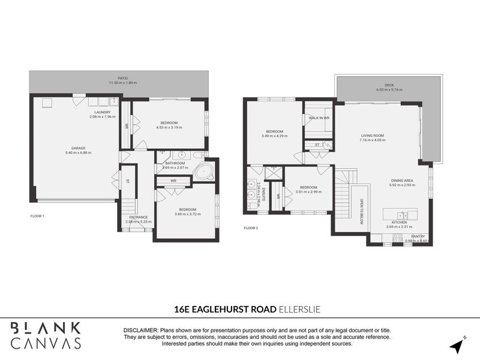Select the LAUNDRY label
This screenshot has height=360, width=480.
coord(102,112)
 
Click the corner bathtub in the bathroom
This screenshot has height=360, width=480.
coord(205,172)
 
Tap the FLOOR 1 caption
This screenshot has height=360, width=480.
coord(37,215)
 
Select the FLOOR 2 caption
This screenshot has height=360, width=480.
coord(251,228)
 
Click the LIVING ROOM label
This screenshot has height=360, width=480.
coord(372,136)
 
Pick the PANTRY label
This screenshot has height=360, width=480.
coord(418,236)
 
